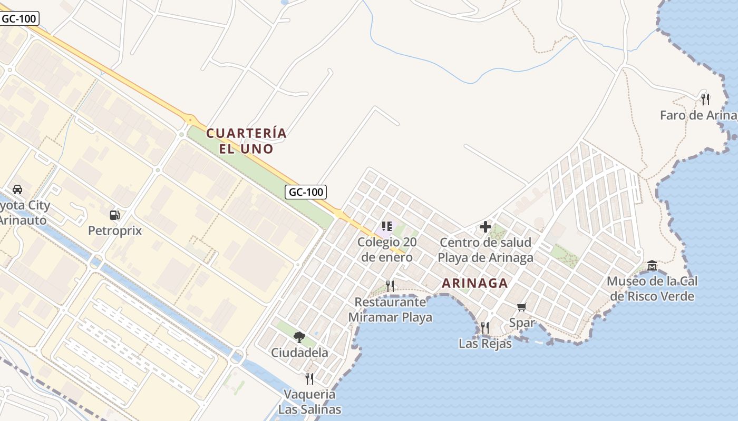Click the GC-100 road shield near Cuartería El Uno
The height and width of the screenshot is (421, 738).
click(x=306, y=192)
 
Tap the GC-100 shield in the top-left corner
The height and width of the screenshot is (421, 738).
click(x=19, y=19)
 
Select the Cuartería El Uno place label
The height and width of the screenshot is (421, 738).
click(x=247, y=141)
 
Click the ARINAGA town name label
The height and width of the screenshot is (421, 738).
click(x=474, y=283)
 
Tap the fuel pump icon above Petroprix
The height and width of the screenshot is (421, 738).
click(x=114, y=215)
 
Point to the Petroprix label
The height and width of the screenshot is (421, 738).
click(x=114, y=230)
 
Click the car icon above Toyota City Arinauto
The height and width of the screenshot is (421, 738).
click(x=17, y=189)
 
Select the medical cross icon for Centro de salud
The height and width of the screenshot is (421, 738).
click(x=485, y=227)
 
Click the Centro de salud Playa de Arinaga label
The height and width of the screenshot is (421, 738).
click(x=485, y=250)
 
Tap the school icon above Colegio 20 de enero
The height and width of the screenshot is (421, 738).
click(x=387, y=226)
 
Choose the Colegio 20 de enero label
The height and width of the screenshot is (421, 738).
click(x=387, y=250)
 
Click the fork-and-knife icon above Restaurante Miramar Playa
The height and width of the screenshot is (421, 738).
click(x=390, y=286)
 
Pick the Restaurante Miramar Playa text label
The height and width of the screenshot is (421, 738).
click(x=390, y=310)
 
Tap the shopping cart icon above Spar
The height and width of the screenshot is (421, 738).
click(x=522, y=307)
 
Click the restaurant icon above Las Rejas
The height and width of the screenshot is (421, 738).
click(x=484, y=328)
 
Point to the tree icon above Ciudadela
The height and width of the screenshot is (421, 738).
click(x=299, y=337)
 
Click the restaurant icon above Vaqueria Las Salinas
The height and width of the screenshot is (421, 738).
click(x=309, y=378)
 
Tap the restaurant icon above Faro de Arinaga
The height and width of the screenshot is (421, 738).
click(x=705, y=99)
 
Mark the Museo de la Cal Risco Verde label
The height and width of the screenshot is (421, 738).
click(x=653, y=289)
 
